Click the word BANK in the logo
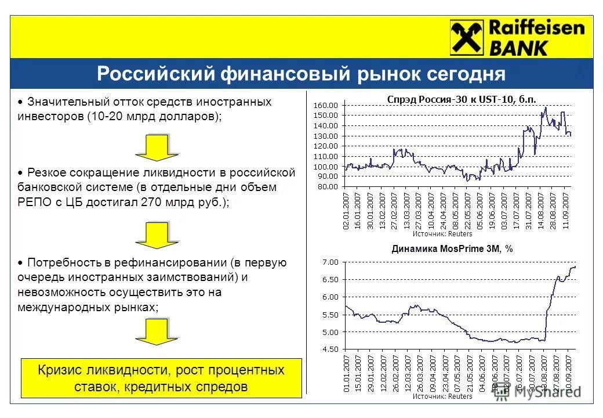(518, 48)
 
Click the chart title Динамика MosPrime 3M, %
(452, 248)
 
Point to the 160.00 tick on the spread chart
(325, 105)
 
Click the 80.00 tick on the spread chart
(327, 187)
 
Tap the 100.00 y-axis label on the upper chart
(325, 167)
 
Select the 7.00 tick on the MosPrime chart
(329, 262)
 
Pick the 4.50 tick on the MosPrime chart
(329, 349)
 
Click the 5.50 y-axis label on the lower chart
(329, 315)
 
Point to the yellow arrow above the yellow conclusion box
(157, 332)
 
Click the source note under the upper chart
(442, 234)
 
